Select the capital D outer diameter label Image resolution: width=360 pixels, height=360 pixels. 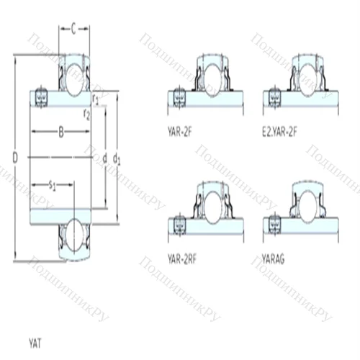[15, 156]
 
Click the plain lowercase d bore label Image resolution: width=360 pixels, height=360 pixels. [105, 156]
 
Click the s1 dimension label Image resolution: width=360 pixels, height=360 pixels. [53, 186]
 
